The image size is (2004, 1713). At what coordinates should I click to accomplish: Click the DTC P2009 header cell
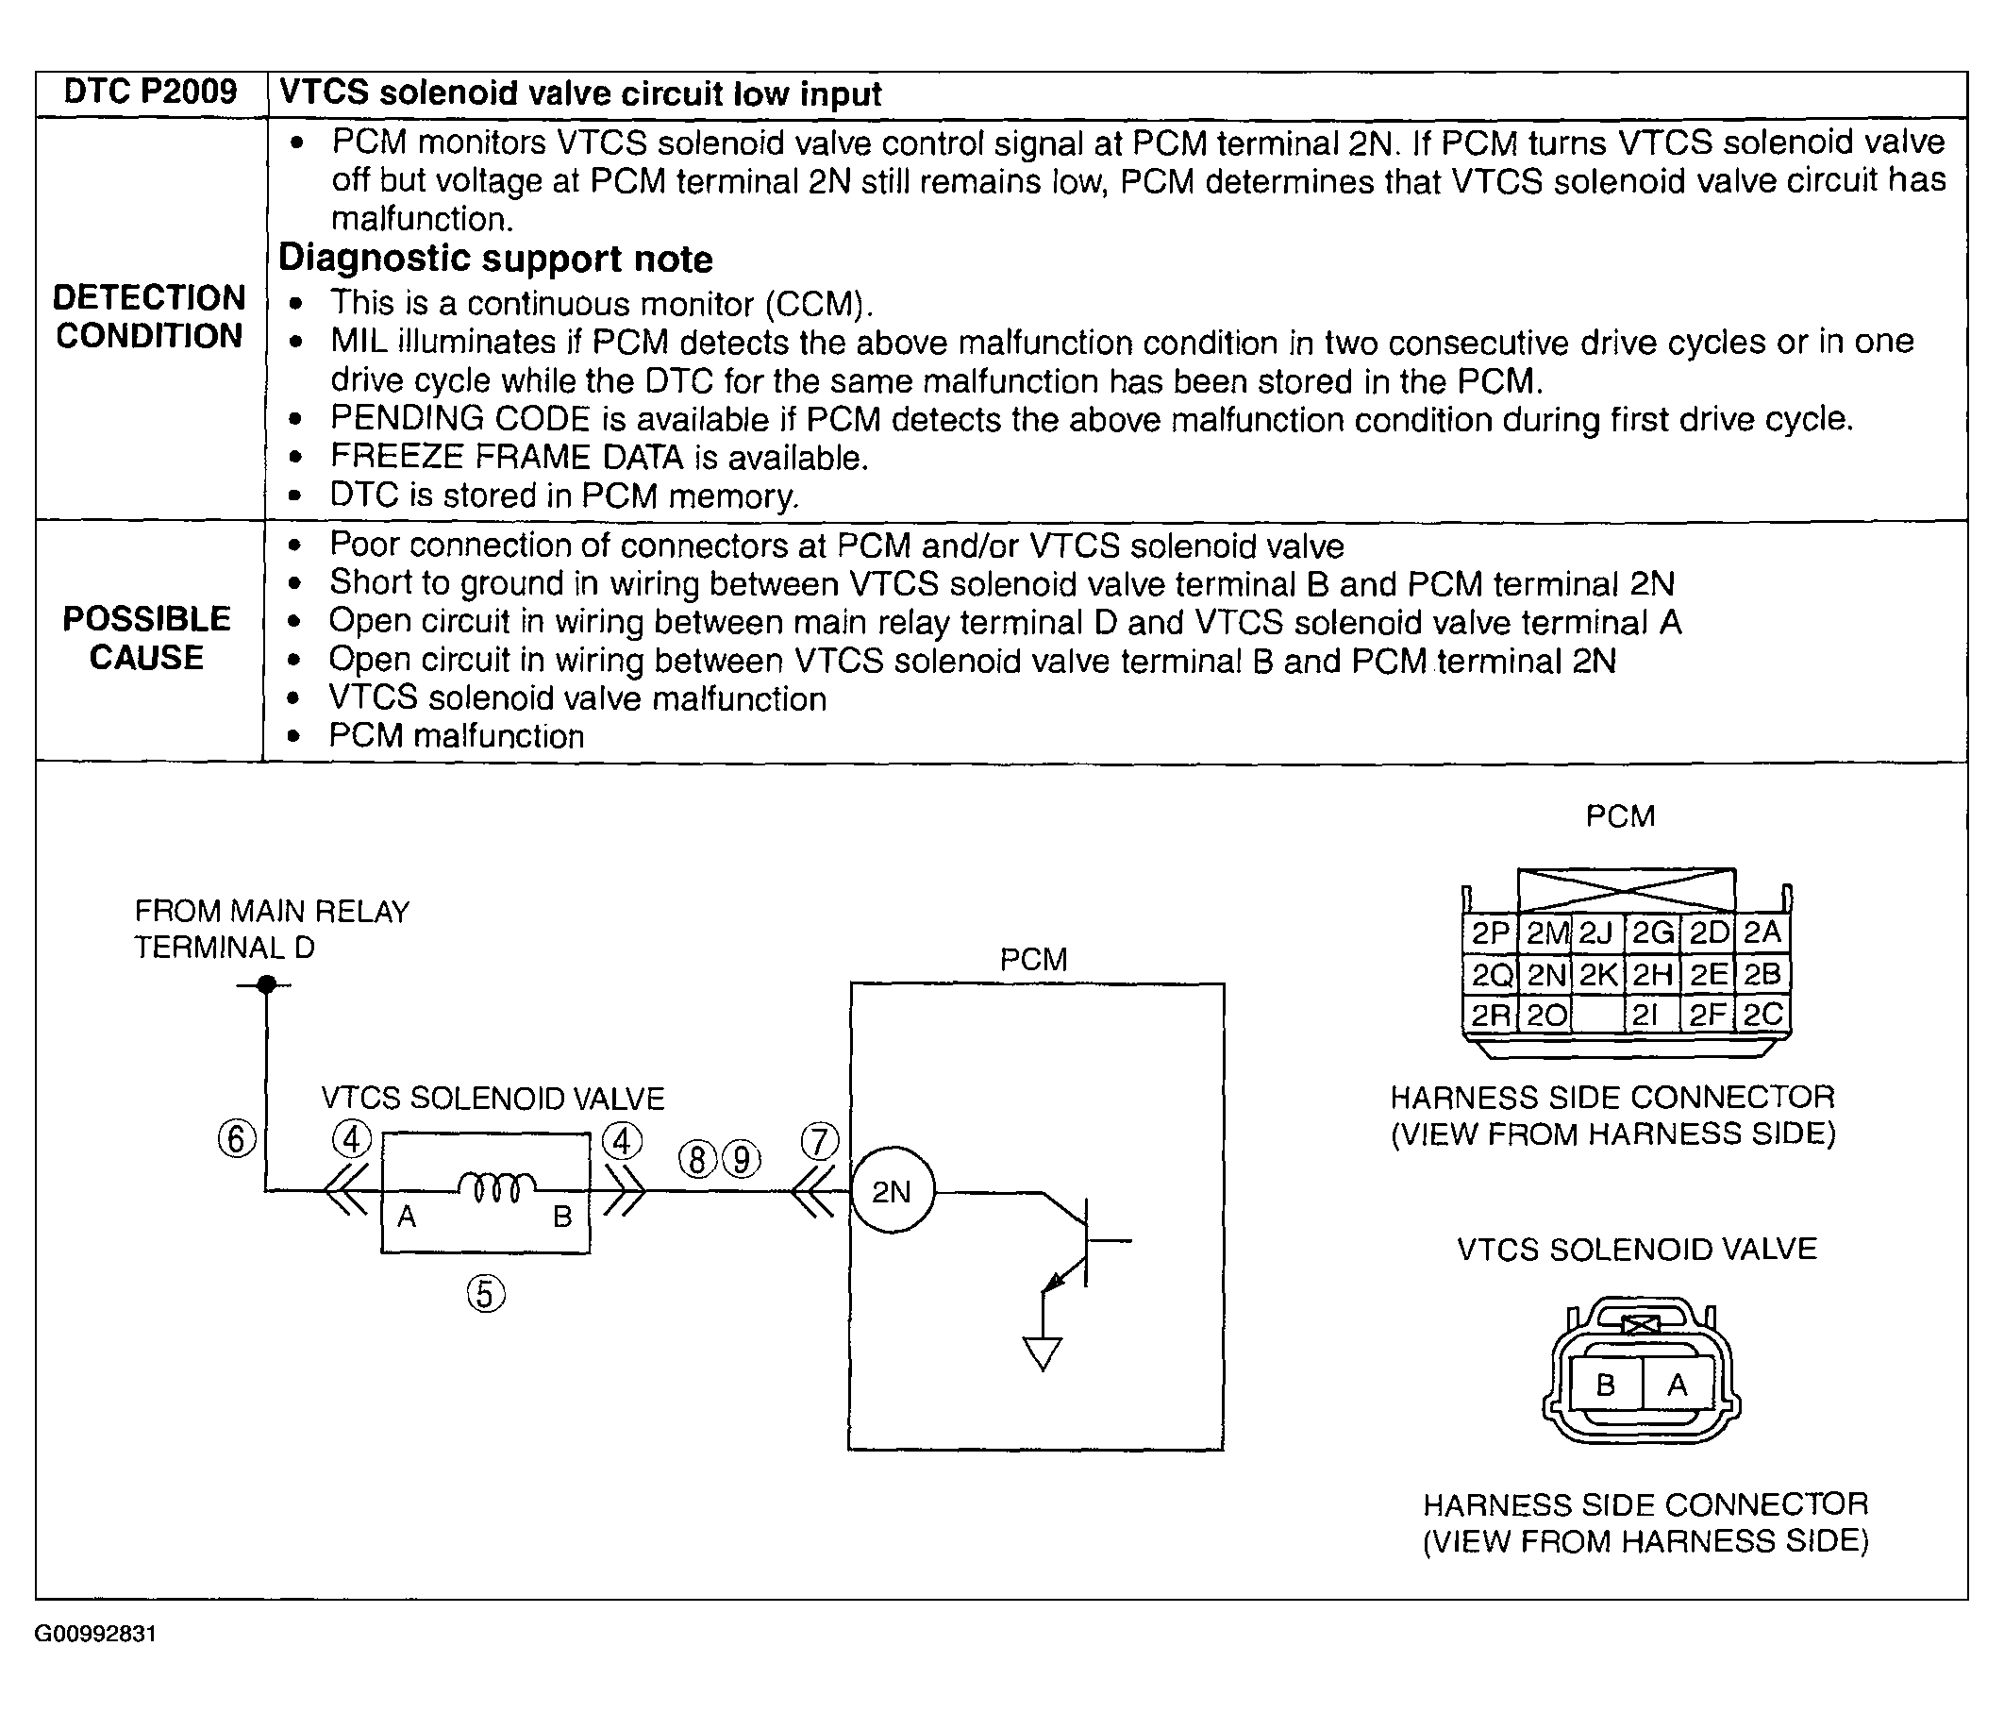coord(150,92)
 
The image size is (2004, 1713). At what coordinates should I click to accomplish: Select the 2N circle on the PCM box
coord(892,1191)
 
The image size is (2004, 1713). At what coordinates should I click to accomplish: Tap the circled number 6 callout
coord(237,1138)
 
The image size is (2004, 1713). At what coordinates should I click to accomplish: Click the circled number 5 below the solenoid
coord(486,1293)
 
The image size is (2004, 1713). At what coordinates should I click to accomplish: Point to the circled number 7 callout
coord(819,1141)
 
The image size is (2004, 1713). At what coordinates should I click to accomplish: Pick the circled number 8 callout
coord(697,1158)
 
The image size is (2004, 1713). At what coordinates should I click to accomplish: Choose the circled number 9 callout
coord(742,1158)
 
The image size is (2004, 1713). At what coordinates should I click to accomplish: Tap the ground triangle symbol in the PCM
coord(1043,1353)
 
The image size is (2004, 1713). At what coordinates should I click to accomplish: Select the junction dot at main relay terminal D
coord(267,984)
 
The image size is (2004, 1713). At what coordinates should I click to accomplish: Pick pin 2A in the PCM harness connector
coord(1762,932)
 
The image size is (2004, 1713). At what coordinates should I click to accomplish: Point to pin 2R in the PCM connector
coord(1491,1015)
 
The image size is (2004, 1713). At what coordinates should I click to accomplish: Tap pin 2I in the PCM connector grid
coord(1651,1015)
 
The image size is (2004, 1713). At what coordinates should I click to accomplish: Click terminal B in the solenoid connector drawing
coord(1606,1386)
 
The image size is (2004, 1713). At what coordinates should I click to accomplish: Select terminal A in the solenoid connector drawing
coord(1678,1386)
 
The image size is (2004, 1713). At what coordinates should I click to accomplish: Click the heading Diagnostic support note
coord(495,259)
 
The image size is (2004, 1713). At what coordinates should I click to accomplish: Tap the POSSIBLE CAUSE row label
coord(147,638)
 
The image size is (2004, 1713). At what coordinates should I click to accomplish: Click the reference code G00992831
coord(95,1634)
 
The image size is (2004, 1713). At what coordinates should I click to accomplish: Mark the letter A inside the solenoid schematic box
coord(408,1216)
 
